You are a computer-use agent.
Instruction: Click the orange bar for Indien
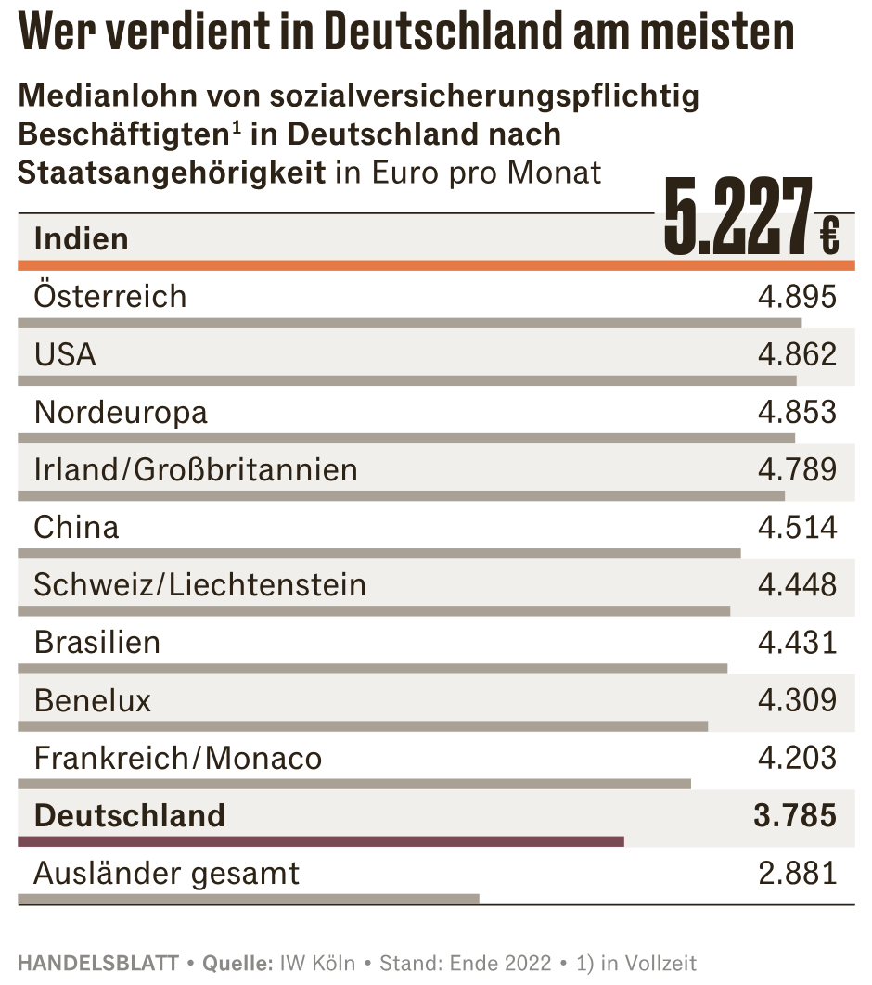coord(436,265)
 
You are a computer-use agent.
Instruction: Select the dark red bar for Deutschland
coord(320,841)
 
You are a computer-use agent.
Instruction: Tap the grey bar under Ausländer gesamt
coord(248,899)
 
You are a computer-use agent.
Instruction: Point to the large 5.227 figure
coord(737,219)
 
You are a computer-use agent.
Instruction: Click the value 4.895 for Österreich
coord(797,297)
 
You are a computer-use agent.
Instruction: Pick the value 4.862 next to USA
coord(797,354)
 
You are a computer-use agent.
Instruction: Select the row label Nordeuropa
coord(121,413)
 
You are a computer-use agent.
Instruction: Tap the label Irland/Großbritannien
coord(196,469)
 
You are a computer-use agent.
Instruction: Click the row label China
coord(76,528)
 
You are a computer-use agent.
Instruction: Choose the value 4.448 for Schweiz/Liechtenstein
coord(797,585)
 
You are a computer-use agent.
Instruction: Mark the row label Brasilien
coord(96,642)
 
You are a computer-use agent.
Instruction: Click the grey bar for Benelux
coord(362,726)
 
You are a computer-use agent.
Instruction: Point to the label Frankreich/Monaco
coord(177,758)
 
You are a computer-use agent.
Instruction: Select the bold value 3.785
coord(795,816)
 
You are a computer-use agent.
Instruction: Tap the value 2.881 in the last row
coord(797,873)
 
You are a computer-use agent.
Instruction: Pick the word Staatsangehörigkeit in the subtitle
coord(172,173)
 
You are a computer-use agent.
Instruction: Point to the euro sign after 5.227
coord(829,236)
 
